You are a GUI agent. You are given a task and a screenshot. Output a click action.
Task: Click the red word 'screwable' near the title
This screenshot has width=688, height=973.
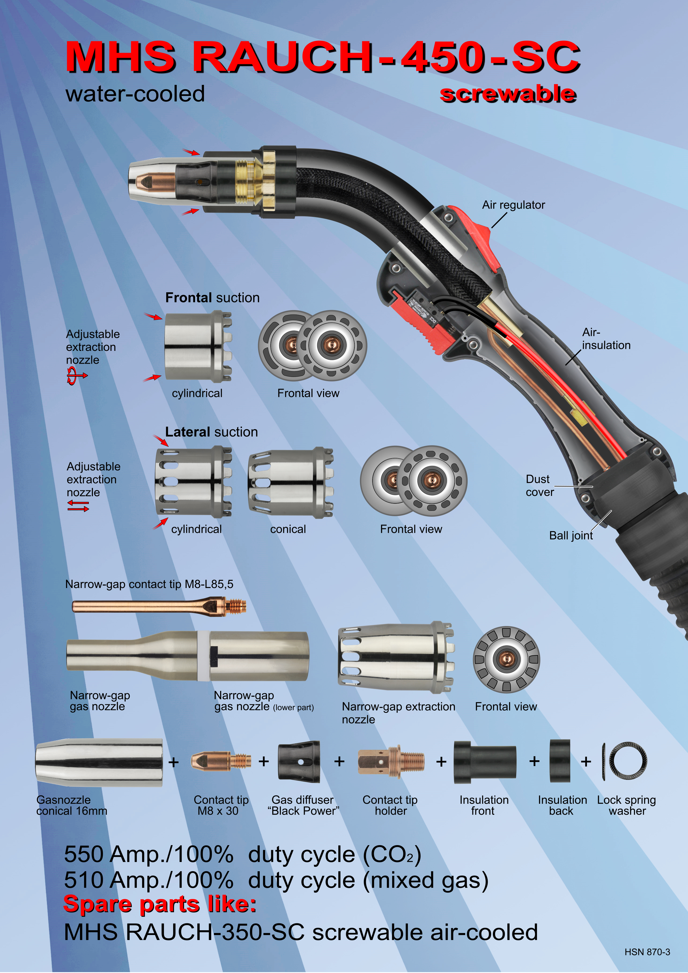(x=508, y=94)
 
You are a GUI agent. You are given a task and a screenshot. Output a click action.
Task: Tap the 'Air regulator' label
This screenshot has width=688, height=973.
(x=513, y=205)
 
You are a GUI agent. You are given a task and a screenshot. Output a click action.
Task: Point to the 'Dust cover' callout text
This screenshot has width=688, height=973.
(x=540, y=486)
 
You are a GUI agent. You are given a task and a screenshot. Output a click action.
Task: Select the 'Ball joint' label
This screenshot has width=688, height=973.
(x=571, y=536)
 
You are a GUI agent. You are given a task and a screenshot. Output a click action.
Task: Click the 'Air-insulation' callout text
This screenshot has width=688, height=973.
(x=606, y=339)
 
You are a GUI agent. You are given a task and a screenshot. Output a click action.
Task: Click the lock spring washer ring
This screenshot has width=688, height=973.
(x=628, y=761)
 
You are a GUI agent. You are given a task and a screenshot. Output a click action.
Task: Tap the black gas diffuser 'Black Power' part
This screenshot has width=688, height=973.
(x=299, y=762)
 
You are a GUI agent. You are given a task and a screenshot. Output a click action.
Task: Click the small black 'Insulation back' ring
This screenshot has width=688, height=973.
(x=560, y=761)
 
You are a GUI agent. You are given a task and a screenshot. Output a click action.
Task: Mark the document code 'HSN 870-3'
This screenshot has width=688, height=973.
(x=647, y=952)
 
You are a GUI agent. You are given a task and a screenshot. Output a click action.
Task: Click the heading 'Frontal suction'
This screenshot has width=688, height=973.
(x=212, y=298)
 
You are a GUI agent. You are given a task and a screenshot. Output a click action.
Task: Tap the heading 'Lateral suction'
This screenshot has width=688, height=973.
(x=211, y=432)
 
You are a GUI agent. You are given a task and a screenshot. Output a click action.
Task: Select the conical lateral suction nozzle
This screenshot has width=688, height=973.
(x=291, y=483)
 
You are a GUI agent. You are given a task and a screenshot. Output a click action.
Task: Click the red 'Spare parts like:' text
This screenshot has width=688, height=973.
(x=160, y=904)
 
